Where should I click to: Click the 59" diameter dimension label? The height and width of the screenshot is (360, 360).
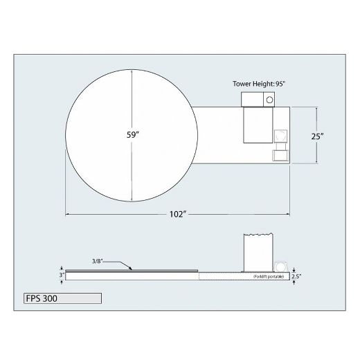pos(133,135)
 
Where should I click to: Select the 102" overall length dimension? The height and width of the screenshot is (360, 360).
pos(178,215)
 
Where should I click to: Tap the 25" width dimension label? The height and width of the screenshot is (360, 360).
pos(317,136)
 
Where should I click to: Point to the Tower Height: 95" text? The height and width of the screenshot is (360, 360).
pos(259,84)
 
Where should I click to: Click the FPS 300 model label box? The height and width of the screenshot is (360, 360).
pos(62,298)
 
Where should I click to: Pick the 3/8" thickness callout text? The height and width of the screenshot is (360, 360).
pos(97,261)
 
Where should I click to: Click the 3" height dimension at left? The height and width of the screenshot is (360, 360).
pos(62,275)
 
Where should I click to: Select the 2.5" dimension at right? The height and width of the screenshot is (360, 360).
pos(296,276)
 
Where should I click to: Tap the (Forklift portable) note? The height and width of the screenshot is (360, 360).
pos(269,276)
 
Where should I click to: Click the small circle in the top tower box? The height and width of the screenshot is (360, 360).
pos(269,100)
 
